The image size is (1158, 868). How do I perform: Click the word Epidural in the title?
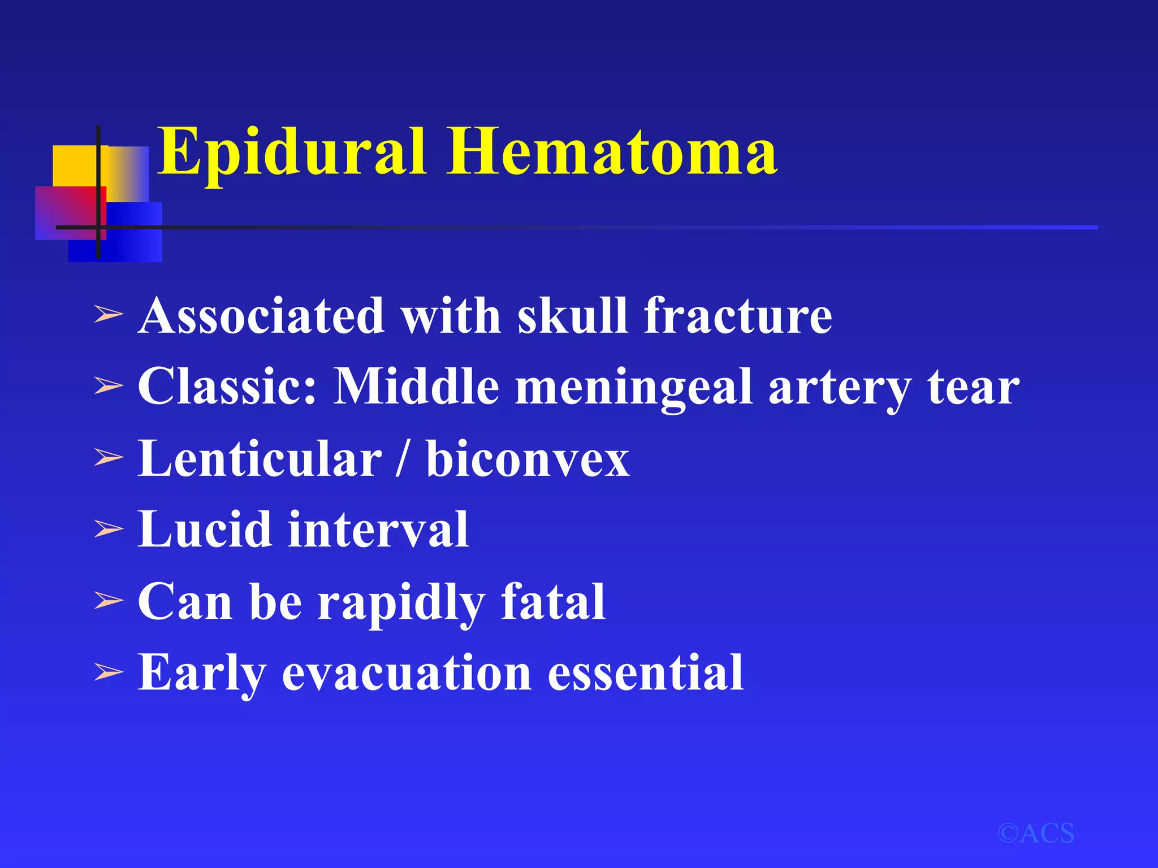pos(291,151)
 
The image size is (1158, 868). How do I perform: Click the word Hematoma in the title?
pos(612,151)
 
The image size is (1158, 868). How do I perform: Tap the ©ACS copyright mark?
pos(1035,834)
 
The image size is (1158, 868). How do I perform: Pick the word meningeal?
pos(634,388)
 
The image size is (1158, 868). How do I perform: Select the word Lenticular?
pos(260,458)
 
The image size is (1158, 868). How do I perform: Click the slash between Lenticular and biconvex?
pos(402,458)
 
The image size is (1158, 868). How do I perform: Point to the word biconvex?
pos(528,458)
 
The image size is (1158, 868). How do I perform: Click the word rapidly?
pos(401,602)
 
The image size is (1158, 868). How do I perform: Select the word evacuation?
pos(407,672)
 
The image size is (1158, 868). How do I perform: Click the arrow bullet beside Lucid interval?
pos(109,530)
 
